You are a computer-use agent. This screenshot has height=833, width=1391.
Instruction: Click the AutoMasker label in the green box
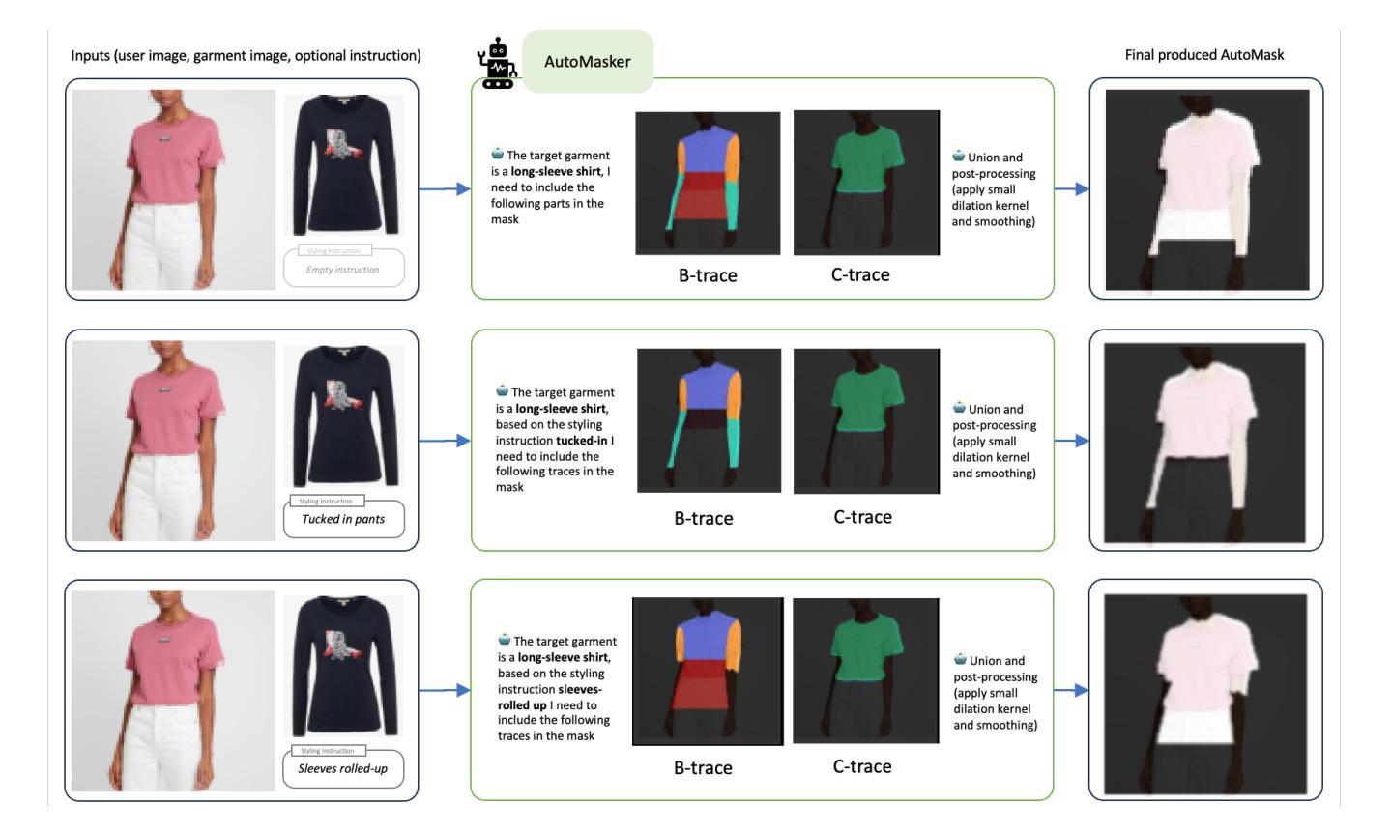click(x=588, y=62)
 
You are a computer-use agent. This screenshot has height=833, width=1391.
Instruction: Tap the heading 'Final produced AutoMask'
click(x=1203, y=55)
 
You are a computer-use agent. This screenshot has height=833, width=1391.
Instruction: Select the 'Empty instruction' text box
click(x=343, y=269)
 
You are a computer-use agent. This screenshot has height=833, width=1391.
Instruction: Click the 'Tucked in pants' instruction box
click(x=343, y=519)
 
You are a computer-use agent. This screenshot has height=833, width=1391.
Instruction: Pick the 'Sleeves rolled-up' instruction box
click(x=343, y=769)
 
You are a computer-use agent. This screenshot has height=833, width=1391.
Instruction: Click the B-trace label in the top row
click(x=708, y=275)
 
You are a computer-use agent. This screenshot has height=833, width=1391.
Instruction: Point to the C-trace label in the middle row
click(x=862, y=517)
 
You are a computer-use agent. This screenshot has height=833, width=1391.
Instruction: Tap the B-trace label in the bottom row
click(x=703, y=768)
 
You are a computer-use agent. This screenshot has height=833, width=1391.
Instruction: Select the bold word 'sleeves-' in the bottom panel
click(x=580, y=690)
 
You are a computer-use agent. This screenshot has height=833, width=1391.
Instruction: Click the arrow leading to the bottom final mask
click(x=1071, y=691)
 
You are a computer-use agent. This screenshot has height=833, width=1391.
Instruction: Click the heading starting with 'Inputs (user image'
click(x=246, y=56)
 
